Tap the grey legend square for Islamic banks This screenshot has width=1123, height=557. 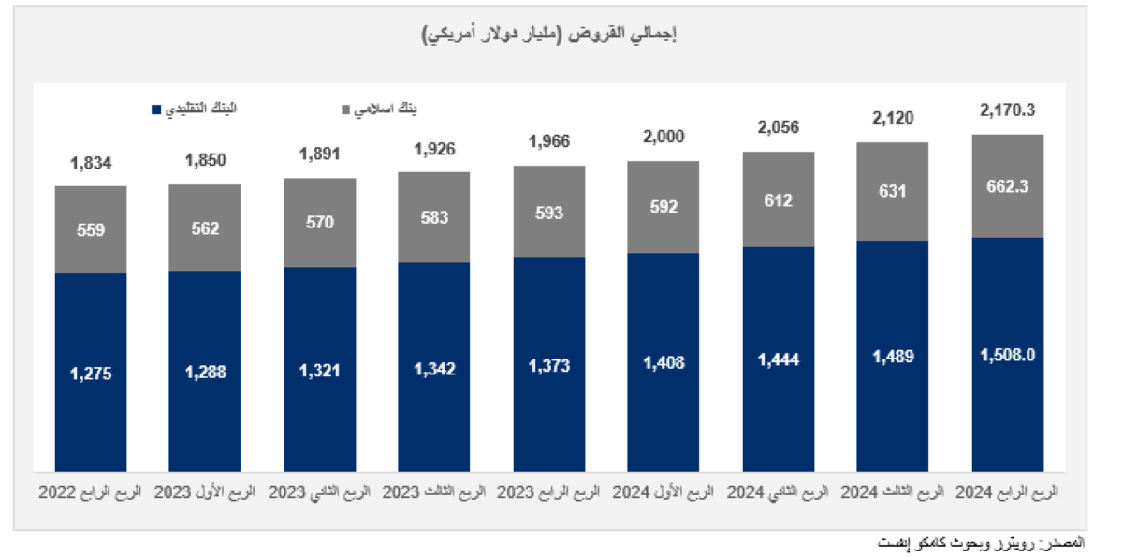coord(345,110)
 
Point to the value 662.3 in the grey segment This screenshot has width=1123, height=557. coord(1008,186)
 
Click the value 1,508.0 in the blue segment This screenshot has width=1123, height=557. coord(1008,355)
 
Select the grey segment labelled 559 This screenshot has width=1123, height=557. coord(91,229)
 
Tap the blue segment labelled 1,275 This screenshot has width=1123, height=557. coord(91,373)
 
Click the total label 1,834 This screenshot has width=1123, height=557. coord(91,163)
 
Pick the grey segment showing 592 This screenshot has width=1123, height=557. coord(664,207)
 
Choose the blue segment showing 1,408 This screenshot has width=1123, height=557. coord(664,361)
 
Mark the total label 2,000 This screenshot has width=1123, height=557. coord(664,137)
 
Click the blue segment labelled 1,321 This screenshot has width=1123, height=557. coord(320,369)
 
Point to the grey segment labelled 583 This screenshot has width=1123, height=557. coord(434,217)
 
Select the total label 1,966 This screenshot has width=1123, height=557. coord(549,142)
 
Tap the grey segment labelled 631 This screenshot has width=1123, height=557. coord(893,192)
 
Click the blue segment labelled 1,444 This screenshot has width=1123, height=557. coord(779,359)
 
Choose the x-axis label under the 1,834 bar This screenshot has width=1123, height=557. coord(91,491)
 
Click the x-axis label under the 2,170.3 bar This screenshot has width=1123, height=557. coord(1008,491)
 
